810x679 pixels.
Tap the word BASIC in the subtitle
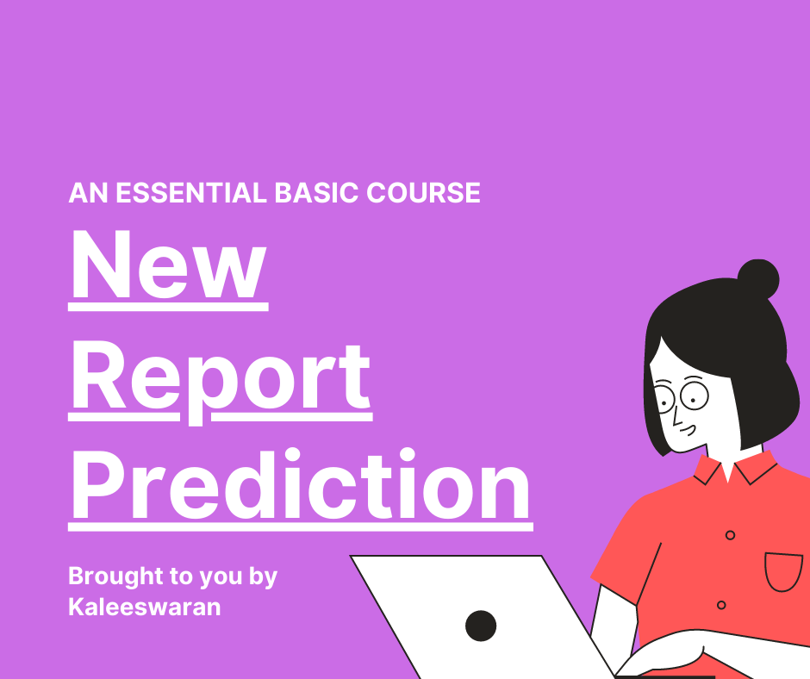tap(316, 193)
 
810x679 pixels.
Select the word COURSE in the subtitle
tap(424, 193)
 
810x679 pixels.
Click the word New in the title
tap(168, 265)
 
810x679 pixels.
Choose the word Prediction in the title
tap(301, 485)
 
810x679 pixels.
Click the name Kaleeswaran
tap(145, 607)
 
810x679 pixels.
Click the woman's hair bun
tap(757, 279)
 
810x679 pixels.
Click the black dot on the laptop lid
tap(481, 626)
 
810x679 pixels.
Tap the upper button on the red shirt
tap(730, 535)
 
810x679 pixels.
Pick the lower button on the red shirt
tap(721, 605)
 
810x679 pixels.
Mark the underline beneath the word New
tap(168, 307)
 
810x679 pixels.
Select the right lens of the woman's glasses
tap(695, 396)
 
